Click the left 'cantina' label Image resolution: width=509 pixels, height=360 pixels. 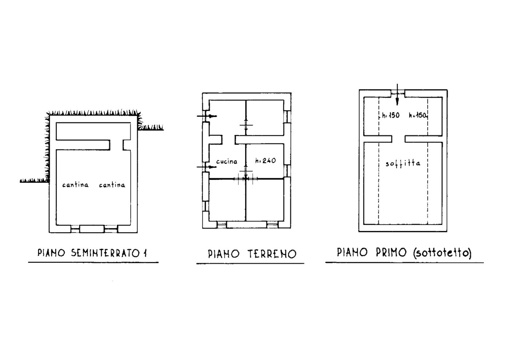[75, 185]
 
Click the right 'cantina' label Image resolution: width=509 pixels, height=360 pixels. [112, 185]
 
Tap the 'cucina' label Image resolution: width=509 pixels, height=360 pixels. [227, 161]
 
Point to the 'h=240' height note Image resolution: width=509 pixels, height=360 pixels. [265, 161]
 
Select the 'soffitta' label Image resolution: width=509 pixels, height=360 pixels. [403, 164]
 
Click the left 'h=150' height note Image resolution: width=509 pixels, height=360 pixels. [390, 116]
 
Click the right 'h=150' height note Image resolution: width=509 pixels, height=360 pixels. [418, 116]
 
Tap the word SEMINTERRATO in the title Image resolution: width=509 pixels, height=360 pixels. [105, 253]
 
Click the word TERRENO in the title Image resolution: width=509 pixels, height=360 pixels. [272, 254]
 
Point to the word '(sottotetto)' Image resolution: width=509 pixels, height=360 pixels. [442, 253]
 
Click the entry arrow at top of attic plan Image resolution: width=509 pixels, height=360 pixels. [397, 95]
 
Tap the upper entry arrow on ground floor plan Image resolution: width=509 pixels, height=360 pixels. [207, 116]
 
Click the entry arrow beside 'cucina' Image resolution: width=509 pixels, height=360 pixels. [207, 167]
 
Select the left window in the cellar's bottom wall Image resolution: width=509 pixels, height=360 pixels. [75, 229]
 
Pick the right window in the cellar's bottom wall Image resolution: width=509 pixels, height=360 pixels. [111, 229]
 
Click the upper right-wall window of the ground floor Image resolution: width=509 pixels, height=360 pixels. [288, 117]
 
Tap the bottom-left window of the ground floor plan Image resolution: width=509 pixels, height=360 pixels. [221, 225]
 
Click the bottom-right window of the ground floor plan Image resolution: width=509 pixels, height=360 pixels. [272, 225]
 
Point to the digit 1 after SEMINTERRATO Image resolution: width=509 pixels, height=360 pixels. [145, 253]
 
